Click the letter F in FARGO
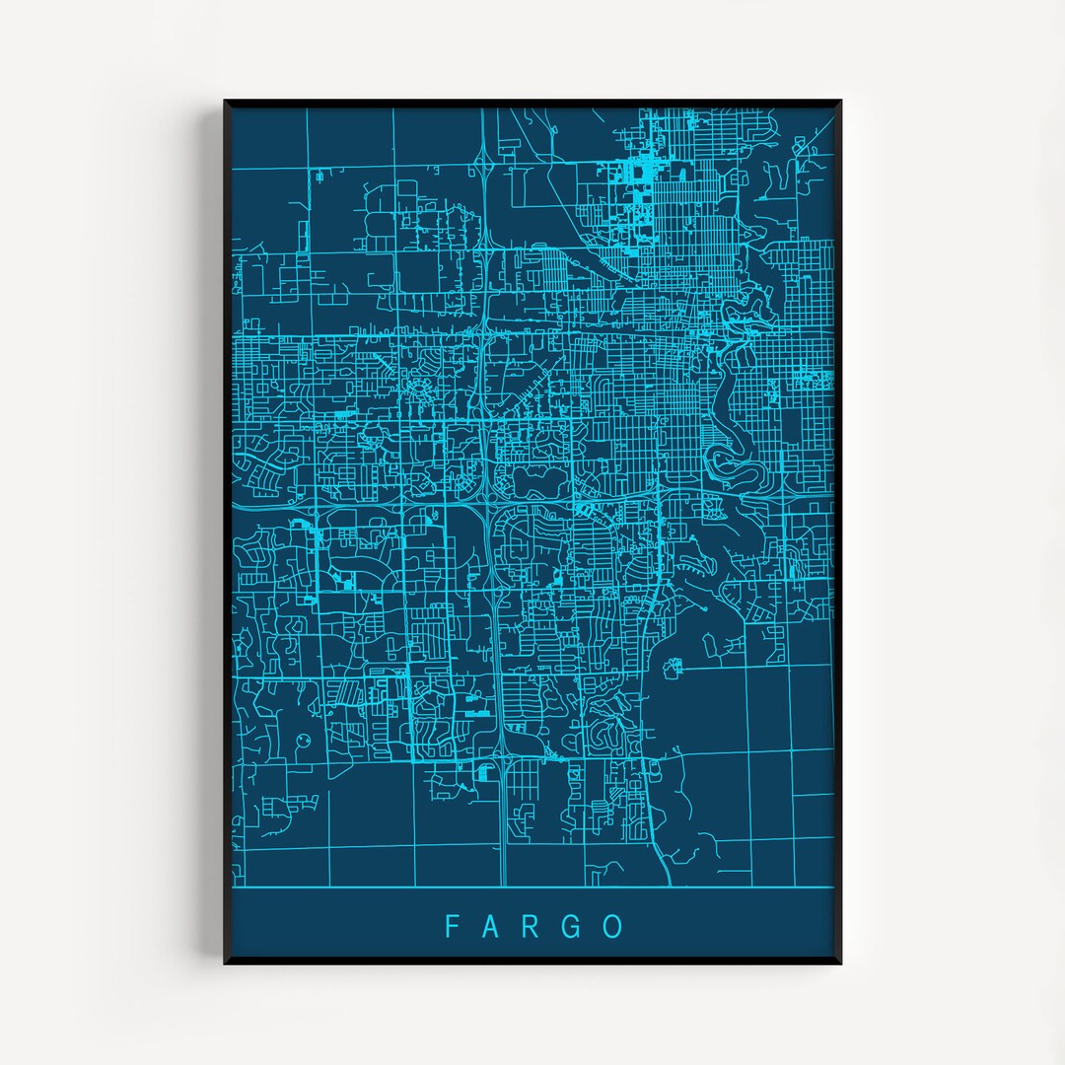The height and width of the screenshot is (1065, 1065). [452, 926]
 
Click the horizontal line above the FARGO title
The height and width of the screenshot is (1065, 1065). [532, 887]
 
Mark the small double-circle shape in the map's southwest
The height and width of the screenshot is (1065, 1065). [302, 739]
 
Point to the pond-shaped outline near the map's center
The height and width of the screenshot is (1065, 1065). [533, 481]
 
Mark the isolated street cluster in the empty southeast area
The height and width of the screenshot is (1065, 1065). [673, 668]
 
